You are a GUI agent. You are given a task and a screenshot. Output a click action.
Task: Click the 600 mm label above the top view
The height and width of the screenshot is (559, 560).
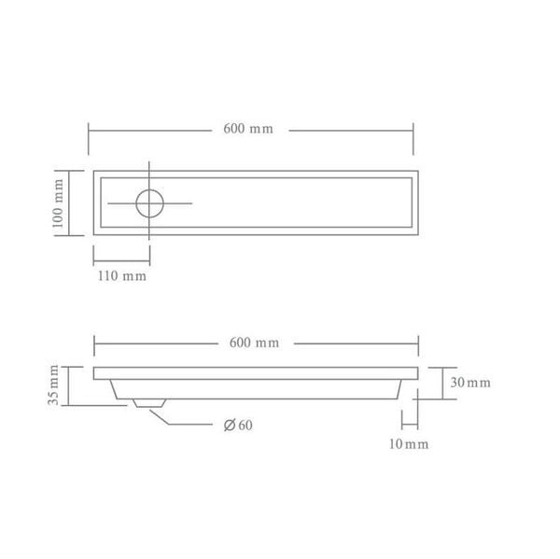pyautogui.click(x=248, y=129)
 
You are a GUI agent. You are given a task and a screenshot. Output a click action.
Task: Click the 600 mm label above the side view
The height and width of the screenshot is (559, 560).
pyautogui.click(x=254, y=342)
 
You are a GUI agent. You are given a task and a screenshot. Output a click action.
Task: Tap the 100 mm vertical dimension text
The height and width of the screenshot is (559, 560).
pyautogui.click(x=58, y=203)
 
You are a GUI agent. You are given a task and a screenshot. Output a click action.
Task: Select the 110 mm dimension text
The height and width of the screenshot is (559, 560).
pyautogui.click(x=122, y=277)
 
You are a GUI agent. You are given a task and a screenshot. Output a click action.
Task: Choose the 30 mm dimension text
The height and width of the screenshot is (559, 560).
pyautogui.click(x=469, y=384)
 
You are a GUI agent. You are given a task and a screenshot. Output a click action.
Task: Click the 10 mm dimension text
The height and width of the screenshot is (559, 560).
pyautogui.click(x=409, y=444)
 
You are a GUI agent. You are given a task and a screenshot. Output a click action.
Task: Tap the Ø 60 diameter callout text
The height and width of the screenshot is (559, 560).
pyautogui.click(x=239, y=426)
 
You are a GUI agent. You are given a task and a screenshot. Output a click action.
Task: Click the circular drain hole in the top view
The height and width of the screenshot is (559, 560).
pyautogui.click(x=149, y=203)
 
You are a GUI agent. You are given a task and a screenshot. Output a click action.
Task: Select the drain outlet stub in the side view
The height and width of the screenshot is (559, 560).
pyautogui.click(x=148, y=403)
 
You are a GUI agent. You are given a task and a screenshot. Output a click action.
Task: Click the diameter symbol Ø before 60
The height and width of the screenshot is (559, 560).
pyautogui.click(x=229, y=426)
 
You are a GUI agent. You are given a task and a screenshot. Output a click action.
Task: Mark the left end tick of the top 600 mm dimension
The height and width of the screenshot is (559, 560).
pyautogui.click(x=89, y=138)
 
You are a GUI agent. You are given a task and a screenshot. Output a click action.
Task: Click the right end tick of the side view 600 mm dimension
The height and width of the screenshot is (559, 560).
pyautogui.click(x=417, y=347)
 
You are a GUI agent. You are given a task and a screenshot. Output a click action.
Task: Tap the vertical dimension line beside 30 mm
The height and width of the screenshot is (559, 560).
pyautogui.click(x=442, y=383)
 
